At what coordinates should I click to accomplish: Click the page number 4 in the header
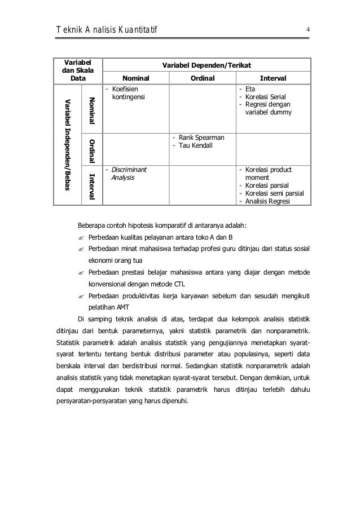coord(308,29)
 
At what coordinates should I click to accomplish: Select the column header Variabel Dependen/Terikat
coord(205,65)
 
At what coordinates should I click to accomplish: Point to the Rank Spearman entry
coord(199,138)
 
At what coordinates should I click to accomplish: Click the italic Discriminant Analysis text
coord(128,174)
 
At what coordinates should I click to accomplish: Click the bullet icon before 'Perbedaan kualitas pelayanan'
coord(81,237)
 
